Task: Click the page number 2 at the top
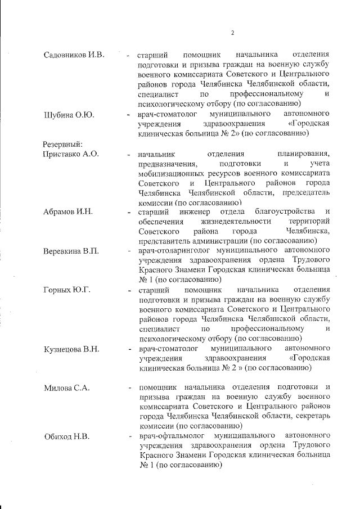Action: [x=232, y=32]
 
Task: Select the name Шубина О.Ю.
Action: [x=68, y=115]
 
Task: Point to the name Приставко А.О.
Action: [x=71, y=154]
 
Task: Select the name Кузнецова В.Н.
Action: [x=71, y=349]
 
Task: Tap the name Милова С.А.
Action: [x=66, y=388]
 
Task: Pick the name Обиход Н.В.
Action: [x=66, y=436]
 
